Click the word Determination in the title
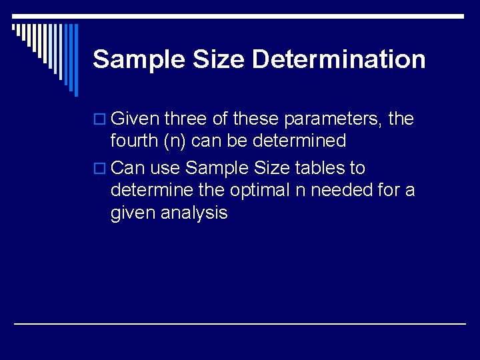click(339, 59)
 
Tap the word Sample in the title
click(139, 59)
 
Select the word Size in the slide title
click(219, 59)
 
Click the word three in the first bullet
click(185, 119)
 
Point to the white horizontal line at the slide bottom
click(240, 323)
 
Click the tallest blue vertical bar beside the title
click(75, 60)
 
